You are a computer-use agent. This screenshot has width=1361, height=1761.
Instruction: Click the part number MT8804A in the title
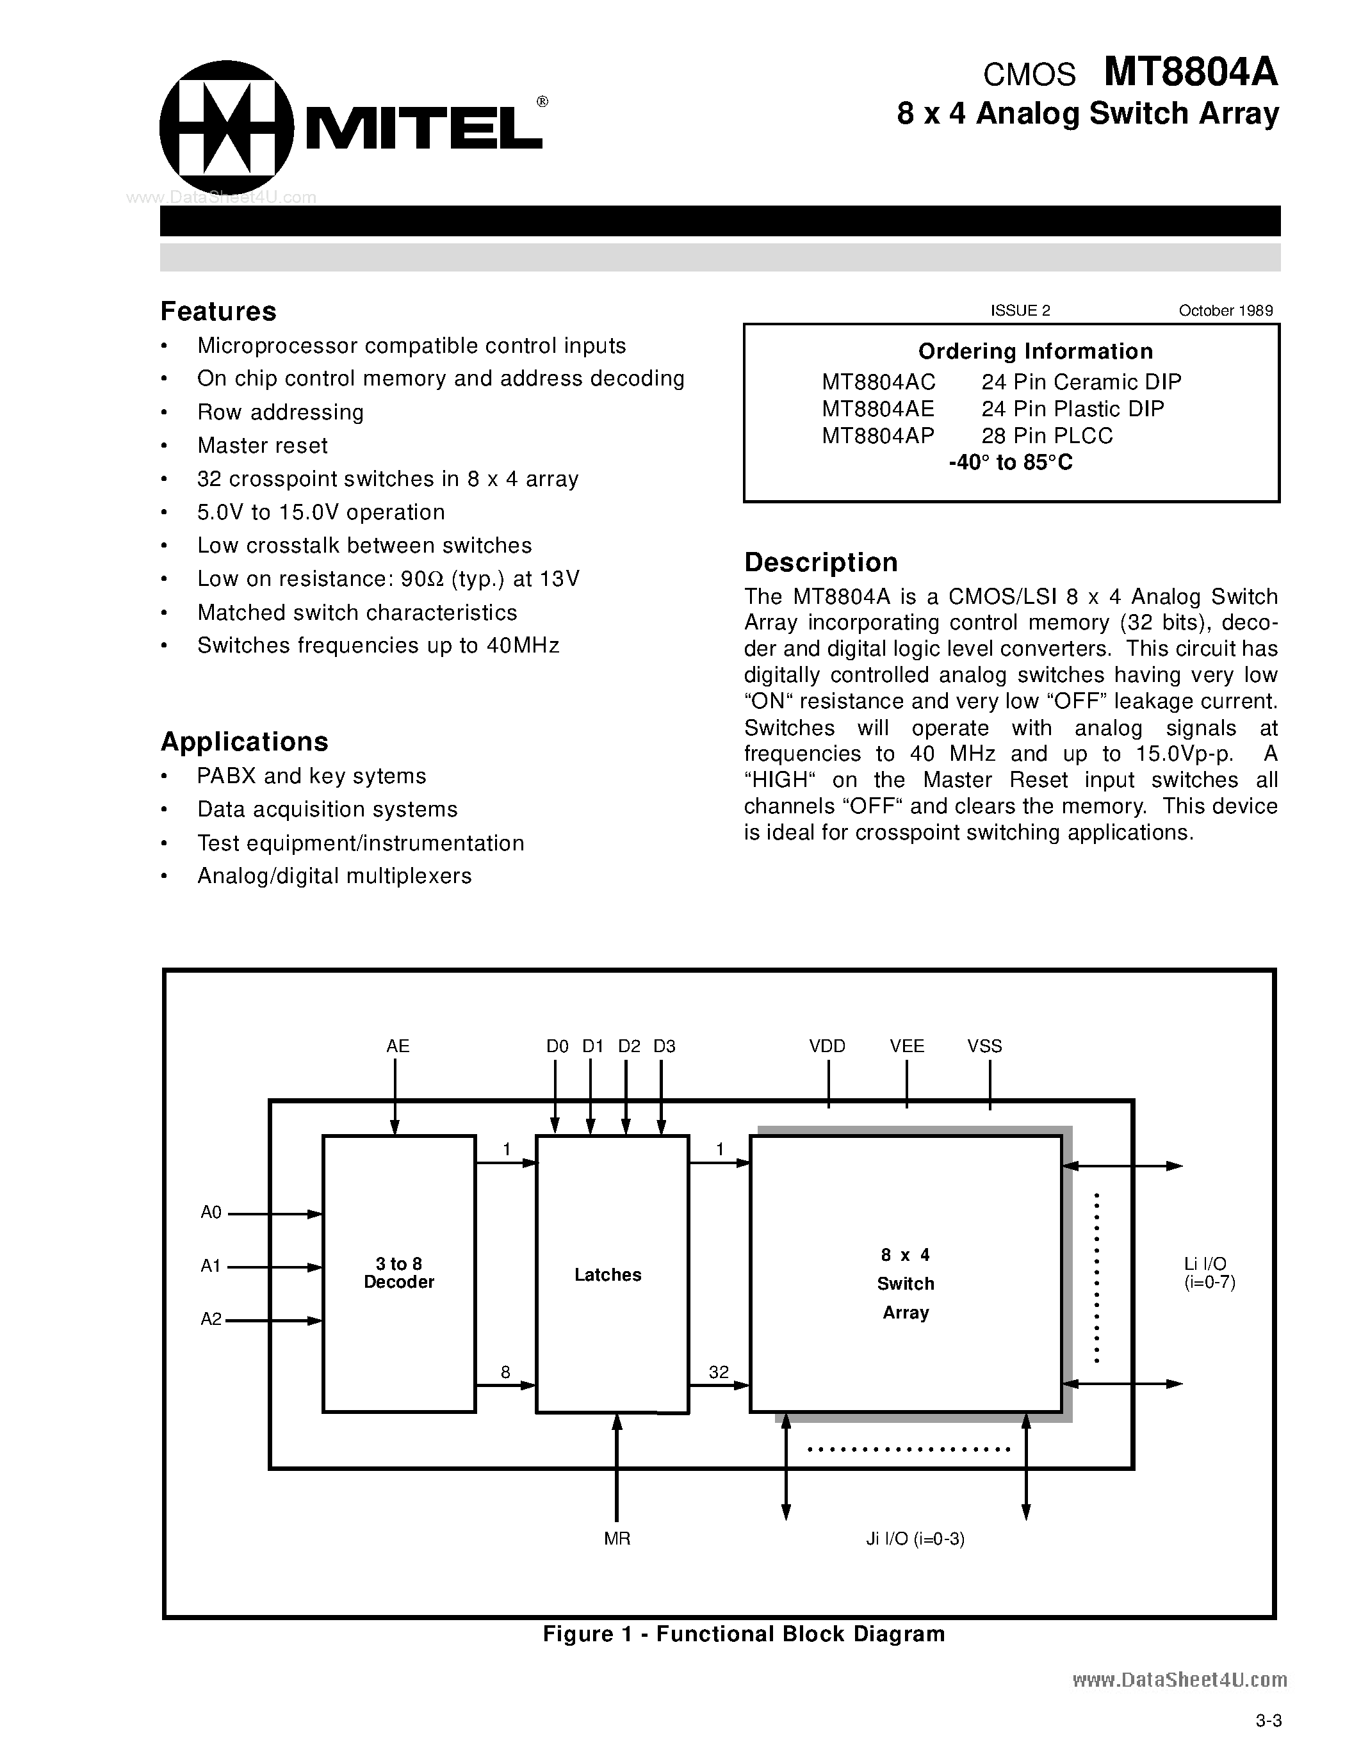[x=1190, y=72]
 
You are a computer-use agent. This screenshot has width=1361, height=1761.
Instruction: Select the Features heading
[x=218, y=311]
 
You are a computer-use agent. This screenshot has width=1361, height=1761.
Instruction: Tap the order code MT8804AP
[x=877, y=435]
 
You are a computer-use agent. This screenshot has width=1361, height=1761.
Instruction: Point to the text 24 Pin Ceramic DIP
[x=1080, y=382]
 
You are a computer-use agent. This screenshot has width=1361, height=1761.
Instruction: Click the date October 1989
[x=1226, y=311]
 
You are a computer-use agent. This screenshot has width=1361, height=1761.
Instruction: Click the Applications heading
[x=244, y=741]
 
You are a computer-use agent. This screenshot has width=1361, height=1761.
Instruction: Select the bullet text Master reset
[x=262, y=445]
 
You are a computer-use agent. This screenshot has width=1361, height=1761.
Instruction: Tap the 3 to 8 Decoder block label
[x=398, y=1272]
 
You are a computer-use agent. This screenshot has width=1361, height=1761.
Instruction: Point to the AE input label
[x=398, y=1046]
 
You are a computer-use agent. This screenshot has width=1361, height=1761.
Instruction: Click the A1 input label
[x=211, y=1266]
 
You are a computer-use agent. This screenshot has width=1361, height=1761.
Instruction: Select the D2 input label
[x=629, y=1046]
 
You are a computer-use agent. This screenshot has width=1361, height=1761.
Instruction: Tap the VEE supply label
[x=906, y=1046]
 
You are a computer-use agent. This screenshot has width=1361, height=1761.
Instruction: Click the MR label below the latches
[x=617, y=1538]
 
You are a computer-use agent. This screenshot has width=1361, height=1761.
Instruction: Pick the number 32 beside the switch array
[x=719, y=1372]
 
